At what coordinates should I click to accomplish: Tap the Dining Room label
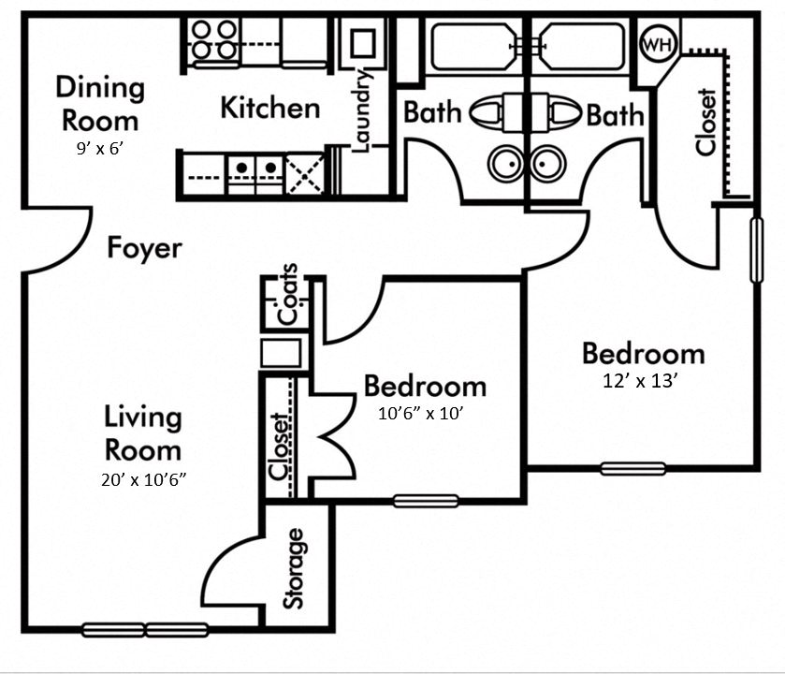(x=100, y=104)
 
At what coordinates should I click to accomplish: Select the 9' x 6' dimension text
(x=100, y=147)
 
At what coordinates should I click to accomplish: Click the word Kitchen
(x=269, y=108)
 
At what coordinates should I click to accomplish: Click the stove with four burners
(x=214, y=41)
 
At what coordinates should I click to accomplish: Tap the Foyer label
(x=144, y=249)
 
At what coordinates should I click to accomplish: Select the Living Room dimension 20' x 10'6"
(x=142, y=480)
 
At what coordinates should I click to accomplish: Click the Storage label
(x=295, y=568)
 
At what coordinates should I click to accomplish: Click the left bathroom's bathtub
(x=470, y=46)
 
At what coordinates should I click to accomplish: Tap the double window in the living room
(x=145, y=630)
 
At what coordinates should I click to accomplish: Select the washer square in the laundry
(x=363, y=41)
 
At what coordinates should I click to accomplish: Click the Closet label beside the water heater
(x=706, y=122)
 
